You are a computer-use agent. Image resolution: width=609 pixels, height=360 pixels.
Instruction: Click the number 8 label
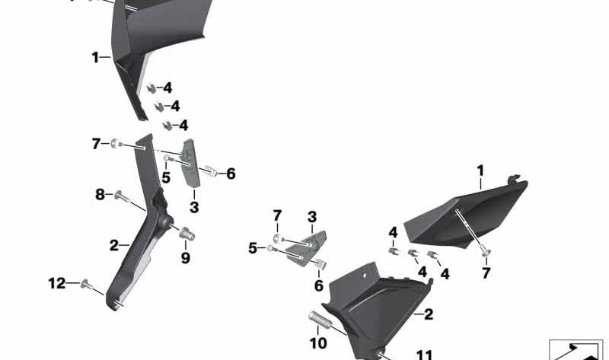click(x=100, y=194)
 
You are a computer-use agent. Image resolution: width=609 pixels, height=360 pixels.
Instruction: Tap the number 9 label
click(x=186, y=258)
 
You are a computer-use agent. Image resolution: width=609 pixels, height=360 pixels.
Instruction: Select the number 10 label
click(x=318, y=343)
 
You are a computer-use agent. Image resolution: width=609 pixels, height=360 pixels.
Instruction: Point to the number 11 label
click(x=424, y=355)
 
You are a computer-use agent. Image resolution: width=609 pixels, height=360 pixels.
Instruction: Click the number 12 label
click(x=56, y=283)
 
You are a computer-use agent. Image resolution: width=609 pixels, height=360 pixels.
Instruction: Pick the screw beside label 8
click(x=123, y=197)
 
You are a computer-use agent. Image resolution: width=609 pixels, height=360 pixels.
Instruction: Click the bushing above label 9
click(x=187, y=234)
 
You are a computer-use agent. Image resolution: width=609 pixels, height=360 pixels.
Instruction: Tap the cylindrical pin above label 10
click(x=319, y=318)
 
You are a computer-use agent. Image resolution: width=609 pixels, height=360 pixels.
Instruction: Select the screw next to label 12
click(x=87, y=285)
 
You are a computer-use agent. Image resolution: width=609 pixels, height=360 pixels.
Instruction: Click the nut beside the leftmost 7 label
click(x=116, y=143)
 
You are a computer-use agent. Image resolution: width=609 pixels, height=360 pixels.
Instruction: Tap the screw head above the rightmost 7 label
click(x=486, y=252)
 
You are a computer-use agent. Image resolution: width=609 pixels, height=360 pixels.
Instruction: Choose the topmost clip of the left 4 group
click(x=151, y=89)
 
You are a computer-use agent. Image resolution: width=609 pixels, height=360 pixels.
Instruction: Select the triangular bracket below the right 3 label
click(x=307, y=249)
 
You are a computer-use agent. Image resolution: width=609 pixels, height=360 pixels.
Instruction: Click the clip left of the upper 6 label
click(x=211, y=171)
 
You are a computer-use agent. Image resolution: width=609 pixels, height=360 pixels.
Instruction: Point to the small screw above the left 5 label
click(x=167, y=158)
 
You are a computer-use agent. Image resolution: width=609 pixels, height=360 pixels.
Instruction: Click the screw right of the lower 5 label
click(x=271, y=248)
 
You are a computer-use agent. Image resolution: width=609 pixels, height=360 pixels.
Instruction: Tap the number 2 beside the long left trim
click(x=113, y=245)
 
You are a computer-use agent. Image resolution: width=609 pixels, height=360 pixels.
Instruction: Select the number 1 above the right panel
click(x=480, y=171)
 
